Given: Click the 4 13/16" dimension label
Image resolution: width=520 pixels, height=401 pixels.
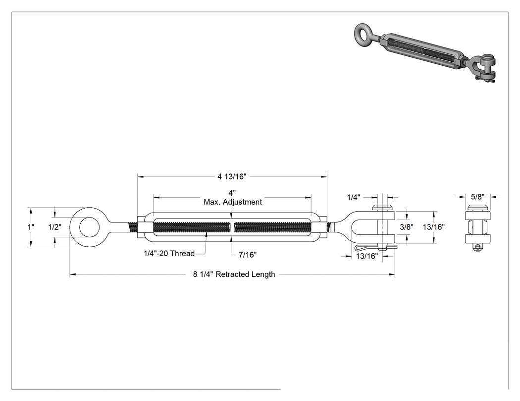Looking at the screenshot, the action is click(232, 177).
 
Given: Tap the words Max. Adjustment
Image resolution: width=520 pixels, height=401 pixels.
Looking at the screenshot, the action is click(233, 202).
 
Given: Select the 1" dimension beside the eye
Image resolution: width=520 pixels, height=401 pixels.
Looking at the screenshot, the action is click(31, 227).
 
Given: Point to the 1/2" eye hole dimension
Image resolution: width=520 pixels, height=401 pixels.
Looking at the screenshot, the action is click(54, 227).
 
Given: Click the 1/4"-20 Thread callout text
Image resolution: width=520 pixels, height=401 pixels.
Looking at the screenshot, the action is click(169, 254).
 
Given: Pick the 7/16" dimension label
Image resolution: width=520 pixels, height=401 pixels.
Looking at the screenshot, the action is click(248, 255).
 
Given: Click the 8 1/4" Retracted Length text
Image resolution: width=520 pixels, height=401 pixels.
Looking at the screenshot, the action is click(234, 274).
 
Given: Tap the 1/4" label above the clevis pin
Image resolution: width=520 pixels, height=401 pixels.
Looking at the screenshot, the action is click(354, 198).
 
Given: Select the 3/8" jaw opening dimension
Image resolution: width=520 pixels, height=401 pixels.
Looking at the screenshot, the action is click(407, 227).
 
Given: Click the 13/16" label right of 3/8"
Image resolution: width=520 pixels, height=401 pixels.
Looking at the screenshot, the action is click(434, 227).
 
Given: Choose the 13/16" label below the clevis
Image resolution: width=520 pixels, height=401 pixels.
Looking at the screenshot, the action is click(367, 256).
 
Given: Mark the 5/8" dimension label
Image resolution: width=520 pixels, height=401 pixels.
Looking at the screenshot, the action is click(477, 197).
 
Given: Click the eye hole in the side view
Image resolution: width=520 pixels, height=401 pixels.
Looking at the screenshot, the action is click(89, 227).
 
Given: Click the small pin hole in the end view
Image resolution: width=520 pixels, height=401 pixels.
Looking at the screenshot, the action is click(477, 247).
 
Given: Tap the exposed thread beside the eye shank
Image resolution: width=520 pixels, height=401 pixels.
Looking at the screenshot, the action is click(133, 227).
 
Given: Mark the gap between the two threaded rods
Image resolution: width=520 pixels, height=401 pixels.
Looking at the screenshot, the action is click(232, 227).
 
